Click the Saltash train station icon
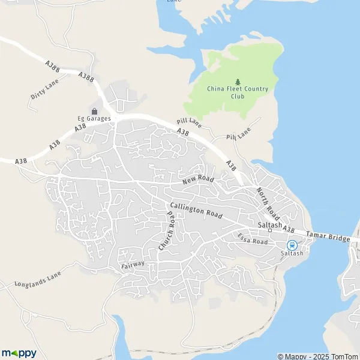coord(292,245)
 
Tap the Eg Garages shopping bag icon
coord(94,110)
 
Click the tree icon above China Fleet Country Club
coord(238,82)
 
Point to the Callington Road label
coord(196,210)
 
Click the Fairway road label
coord(133,263)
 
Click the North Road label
coord(268,203)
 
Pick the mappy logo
coord(19,352)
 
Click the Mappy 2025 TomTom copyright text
coord(317,356)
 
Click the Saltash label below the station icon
coord(292,253)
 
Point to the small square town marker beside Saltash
coord(270,230)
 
